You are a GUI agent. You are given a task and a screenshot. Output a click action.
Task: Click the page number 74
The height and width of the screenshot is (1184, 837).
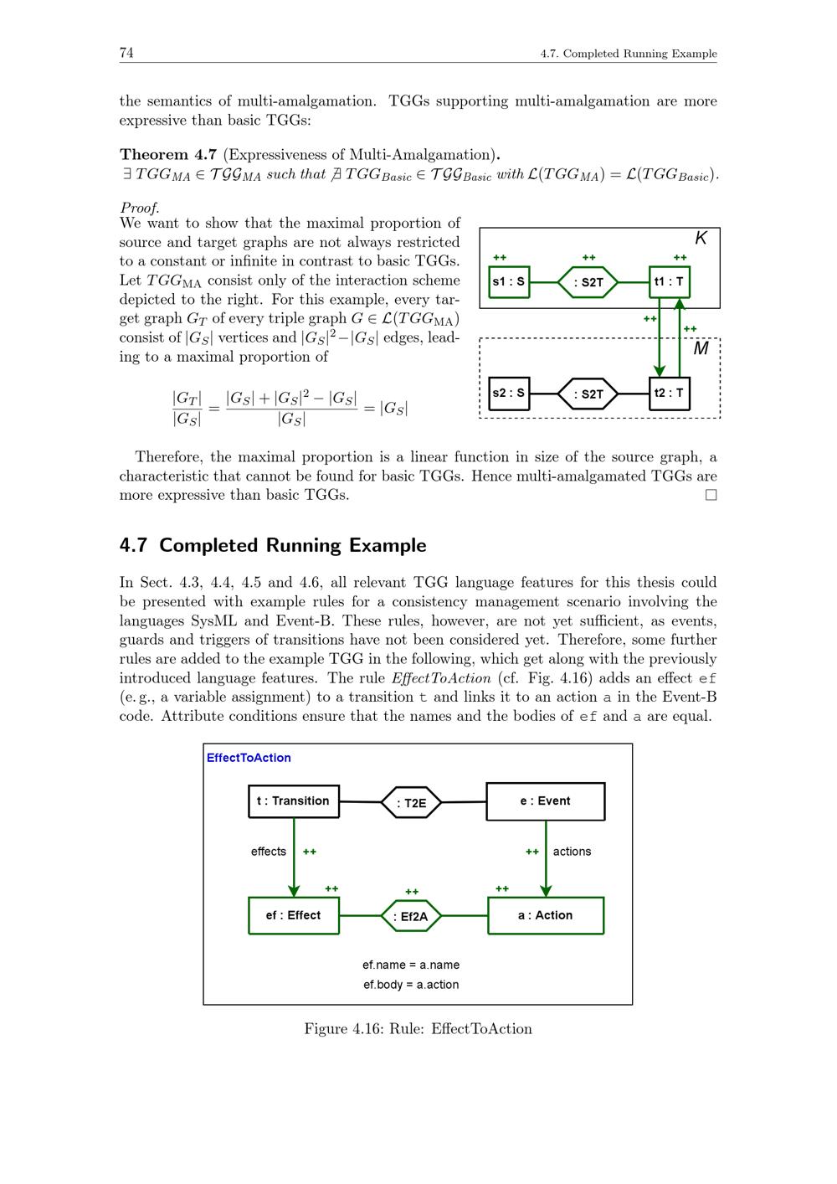click(126, 54)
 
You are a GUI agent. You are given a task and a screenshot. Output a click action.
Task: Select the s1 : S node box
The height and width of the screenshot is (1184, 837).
click(509, 281)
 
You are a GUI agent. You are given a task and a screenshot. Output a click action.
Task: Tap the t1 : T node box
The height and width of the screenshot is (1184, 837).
click(669, 281)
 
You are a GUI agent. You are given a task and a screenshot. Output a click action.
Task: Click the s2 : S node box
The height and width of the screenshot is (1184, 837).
click(509, 393)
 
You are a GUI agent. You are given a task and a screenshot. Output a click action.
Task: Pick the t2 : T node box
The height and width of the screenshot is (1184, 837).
click(669, 393)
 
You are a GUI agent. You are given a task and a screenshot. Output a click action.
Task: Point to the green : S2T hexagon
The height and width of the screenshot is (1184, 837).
click(588, 282)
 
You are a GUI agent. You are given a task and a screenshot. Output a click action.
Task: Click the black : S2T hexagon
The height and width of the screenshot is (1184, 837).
click(588, 394)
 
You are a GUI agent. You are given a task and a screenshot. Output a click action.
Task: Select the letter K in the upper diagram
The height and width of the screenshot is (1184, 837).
click(701, 239)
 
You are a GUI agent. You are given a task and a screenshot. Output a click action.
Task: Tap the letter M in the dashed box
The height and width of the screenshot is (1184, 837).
click(701, 348)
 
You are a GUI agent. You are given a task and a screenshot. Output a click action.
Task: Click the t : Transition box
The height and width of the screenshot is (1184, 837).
click(294, 801)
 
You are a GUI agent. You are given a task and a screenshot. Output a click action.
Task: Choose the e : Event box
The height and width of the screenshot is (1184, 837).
click(545, 801)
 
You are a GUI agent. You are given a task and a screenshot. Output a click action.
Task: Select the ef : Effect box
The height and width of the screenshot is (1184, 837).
click(294, 915)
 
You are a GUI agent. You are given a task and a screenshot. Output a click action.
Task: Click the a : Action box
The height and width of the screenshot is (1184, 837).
click(545, 915)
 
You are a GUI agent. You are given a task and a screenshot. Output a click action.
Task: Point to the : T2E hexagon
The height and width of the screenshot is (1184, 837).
click(411, 803)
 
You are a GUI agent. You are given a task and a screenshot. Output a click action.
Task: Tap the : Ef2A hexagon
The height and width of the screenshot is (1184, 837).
click(411, 916)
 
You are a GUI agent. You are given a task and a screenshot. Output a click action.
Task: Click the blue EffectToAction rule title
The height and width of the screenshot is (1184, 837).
click(249, 758)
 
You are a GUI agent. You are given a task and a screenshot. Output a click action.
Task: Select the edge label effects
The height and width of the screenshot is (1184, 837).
click(269, 852)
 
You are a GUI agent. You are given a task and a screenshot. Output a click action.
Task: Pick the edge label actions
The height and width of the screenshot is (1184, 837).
click(572, 852)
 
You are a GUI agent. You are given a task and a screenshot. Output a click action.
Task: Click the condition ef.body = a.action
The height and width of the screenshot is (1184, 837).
click(411, 985)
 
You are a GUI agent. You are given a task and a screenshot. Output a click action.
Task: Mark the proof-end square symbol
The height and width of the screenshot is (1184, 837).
click(711, 495)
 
